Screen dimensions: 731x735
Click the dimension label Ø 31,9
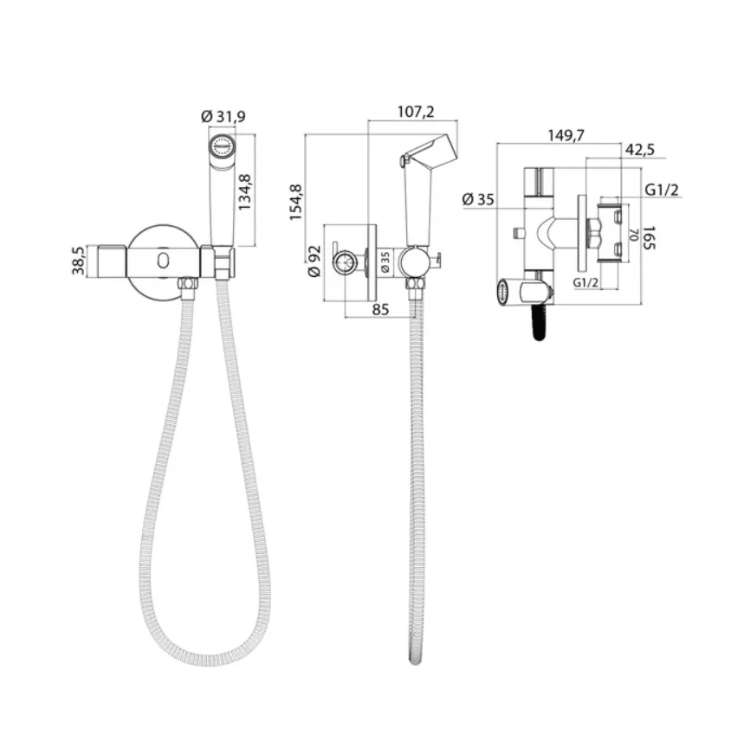(x=223, y=116)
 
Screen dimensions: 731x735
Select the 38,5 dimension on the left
(x=78, y=261)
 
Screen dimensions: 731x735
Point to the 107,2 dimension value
(x=416, y=112)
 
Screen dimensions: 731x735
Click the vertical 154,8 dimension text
(x=296, y=203)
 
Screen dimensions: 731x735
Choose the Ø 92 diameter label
(x=314, y=261)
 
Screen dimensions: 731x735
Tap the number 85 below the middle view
(x=380, y=309)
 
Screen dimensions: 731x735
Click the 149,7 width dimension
(x=566, y=135)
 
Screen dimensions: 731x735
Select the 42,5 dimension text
(x=640, y=150)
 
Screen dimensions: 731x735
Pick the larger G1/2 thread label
(x=662, y=190)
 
